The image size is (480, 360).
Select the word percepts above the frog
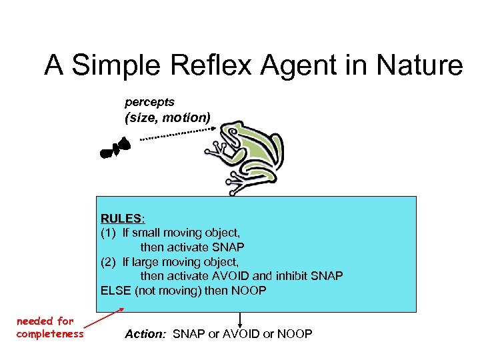point(149,102)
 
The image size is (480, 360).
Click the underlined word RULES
point(121,218)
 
